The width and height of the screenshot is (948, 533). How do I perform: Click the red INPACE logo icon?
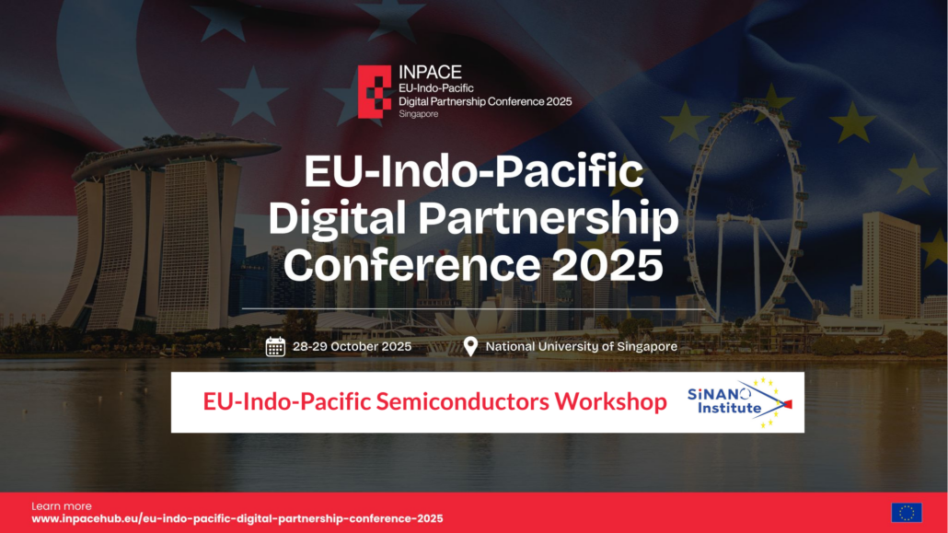coord(375,91)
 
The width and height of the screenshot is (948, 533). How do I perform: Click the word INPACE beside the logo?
coord(430,72)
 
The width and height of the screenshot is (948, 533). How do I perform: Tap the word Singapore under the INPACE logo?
coord(419,114)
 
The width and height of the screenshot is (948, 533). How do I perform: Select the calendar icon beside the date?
coord(275,347)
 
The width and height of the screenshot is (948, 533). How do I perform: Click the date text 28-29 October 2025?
coord(352,347)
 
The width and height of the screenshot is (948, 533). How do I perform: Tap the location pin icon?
coord(470,347)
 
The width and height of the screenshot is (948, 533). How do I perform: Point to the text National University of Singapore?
coord(582,347)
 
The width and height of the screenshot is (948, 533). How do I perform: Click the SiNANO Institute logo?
coord(739,402)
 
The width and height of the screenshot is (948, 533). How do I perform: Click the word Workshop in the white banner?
coord(610,401)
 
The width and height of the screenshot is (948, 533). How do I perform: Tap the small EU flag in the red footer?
coord(907,513)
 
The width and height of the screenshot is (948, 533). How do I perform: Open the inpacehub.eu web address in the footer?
coord(237,518)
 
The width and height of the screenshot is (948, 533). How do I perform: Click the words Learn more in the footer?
coord(62,506)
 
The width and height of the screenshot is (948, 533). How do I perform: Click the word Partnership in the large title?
coord(549,219)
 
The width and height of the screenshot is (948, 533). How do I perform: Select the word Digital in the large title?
coord(338,219)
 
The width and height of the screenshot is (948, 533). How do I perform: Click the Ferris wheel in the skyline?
coord(746,212)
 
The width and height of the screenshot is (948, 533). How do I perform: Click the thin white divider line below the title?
coord(473,309)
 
